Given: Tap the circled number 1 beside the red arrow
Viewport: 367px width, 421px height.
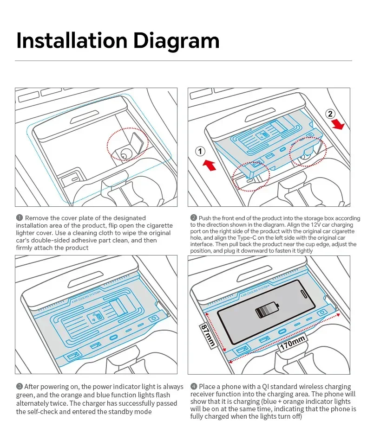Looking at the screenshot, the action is [x=200, y=151].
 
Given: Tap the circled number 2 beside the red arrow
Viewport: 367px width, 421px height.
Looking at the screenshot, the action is [x=330, y=114].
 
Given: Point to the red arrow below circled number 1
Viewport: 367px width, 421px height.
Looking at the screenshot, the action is [x=210, y=165].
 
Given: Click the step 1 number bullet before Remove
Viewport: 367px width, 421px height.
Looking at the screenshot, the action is [x=20, y=218].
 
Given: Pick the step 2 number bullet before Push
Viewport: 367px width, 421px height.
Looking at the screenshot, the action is [x=194, y=218].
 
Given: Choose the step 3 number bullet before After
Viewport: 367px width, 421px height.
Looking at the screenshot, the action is [x=20, y=387].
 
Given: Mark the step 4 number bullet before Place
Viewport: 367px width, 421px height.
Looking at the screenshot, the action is [x=194, y=387].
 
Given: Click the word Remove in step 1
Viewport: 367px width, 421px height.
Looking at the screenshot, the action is [x=36, y=218].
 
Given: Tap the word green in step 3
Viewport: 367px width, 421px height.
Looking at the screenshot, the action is [x=26, y=395].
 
